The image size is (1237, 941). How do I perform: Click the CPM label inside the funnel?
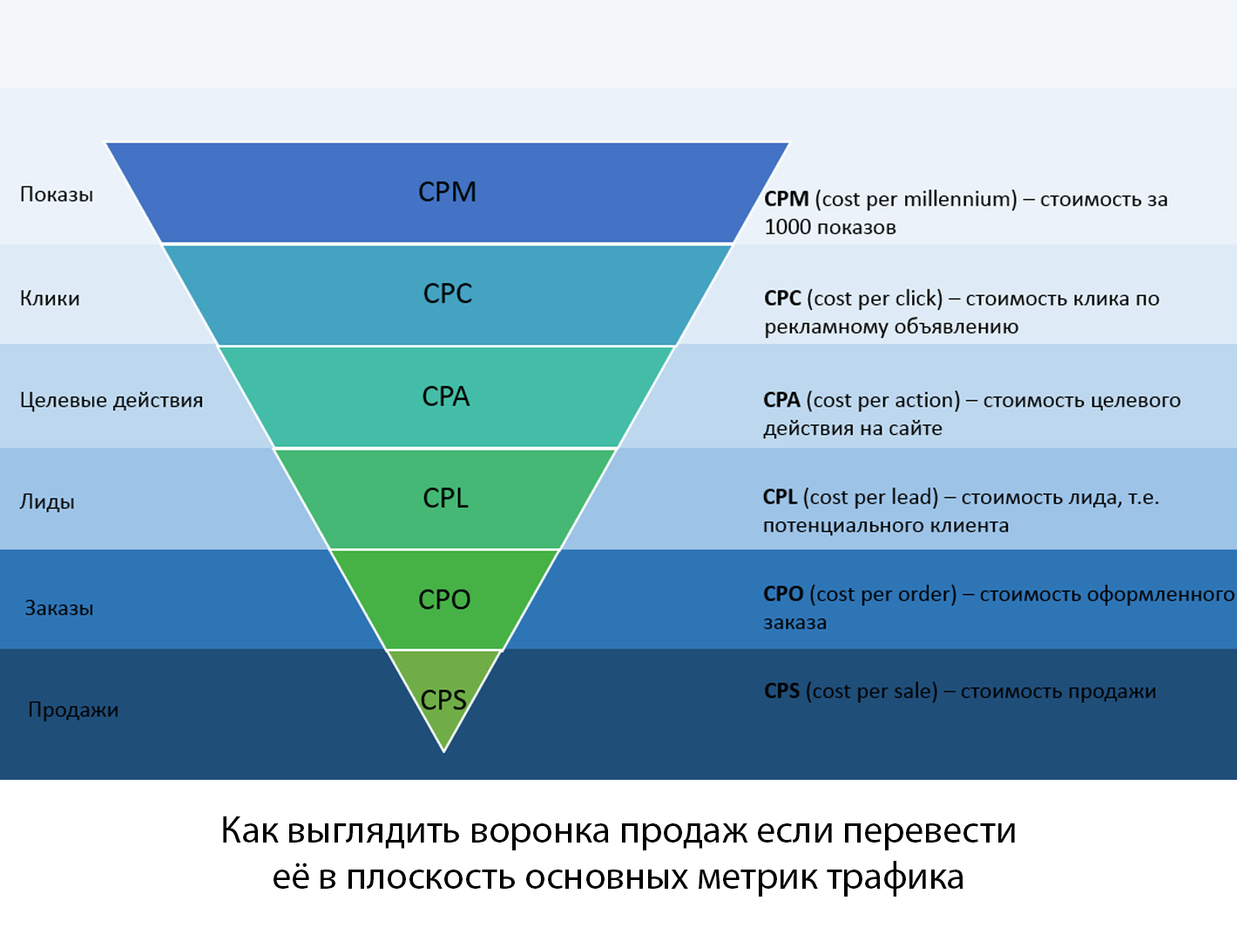[447, 192]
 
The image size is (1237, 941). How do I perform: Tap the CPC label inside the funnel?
[447, 294]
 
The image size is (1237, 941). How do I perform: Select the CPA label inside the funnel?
[445, 396]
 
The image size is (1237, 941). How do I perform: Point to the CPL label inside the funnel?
[445, 498]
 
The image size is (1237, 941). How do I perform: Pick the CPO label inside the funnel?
[444, 600]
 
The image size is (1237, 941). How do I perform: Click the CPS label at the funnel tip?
[443, 700]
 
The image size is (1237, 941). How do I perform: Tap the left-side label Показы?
[57, 194]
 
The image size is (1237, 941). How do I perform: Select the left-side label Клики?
[50, 298]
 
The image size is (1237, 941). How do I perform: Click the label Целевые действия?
[112, 400]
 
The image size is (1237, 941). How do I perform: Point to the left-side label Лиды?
[47, 502]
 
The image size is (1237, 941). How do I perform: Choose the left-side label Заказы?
[58, 608]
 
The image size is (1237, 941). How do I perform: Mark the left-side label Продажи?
[73, 709]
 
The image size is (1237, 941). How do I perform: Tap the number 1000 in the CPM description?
[787, 227]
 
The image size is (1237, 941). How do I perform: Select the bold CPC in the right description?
[782, 299]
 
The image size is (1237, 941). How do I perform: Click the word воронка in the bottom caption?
[540, 830]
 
